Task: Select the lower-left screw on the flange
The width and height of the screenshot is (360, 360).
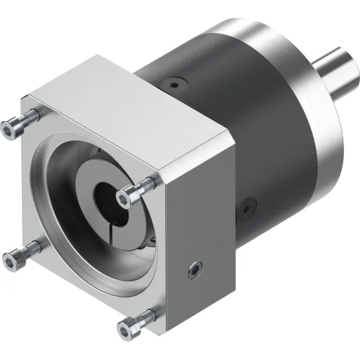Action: click(x=12, y=256)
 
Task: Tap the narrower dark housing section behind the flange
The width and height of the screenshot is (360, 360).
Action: click(x=169, y=73)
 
